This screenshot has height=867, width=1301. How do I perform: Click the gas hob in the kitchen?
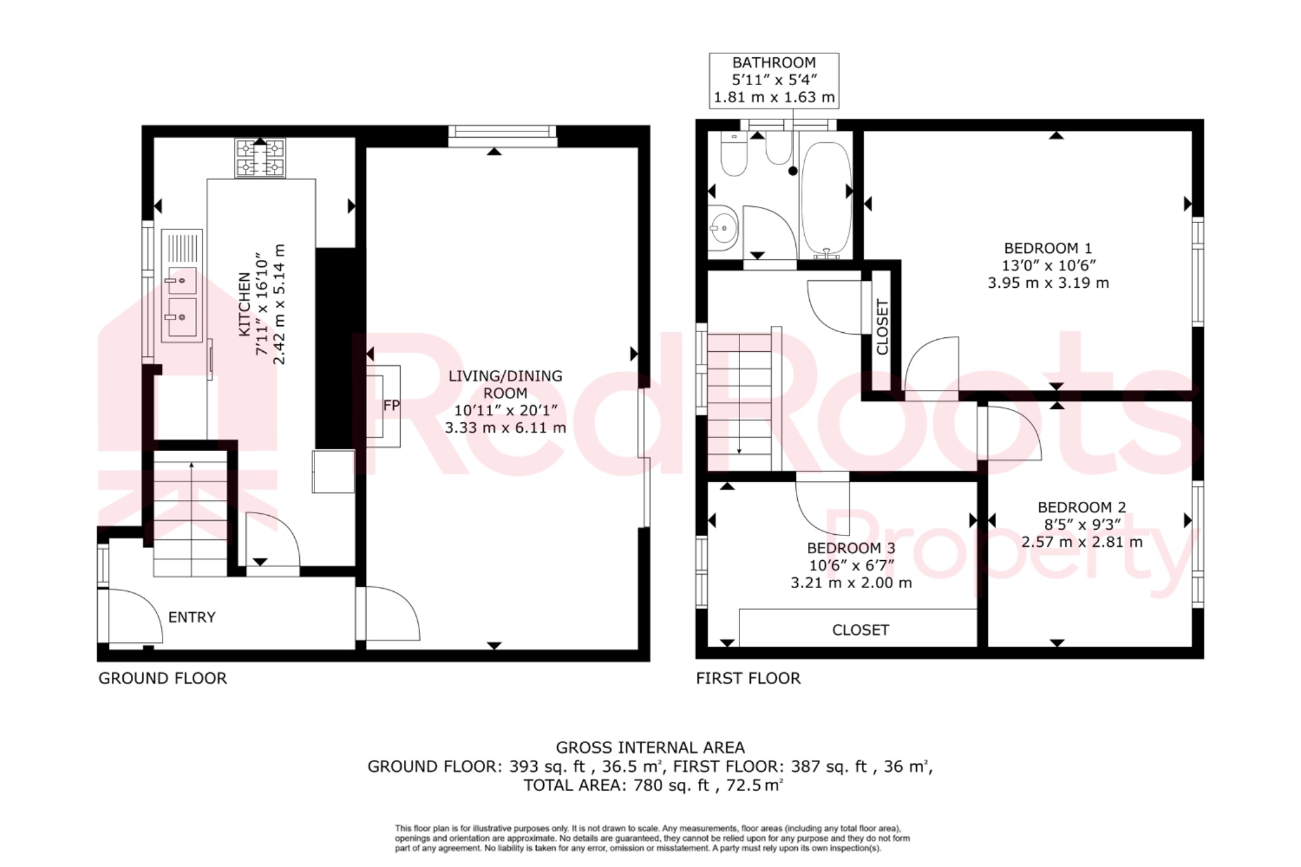point(260,158)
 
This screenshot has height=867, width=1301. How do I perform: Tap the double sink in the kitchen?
point(182,299)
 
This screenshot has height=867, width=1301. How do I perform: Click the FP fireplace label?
point(391,405)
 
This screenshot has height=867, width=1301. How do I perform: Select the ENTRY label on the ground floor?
point(192,617)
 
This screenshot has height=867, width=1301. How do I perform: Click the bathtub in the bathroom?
point(825,199)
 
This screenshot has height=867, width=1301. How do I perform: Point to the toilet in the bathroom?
point(734,155)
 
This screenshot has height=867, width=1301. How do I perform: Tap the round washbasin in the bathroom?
point(723,227)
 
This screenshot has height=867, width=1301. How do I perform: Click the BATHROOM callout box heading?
point(774,63)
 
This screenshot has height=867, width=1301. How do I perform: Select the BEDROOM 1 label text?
point(1048,248)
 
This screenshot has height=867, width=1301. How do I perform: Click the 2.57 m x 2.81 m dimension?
point(1082,542)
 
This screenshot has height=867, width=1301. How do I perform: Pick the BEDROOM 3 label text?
point(851,548)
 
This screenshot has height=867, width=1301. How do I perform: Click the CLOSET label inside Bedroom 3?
point(860,629)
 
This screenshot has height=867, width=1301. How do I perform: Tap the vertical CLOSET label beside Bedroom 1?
point(882,327)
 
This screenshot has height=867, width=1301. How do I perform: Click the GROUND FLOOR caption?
point(163,678)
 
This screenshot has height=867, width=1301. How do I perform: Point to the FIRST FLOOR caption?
point(748,678)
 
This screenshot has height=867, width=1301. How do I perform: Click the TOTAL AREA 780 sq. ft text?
point(653,785)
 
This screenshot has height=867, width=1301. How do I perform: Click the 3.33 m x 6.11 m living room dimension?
point(505,427)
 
